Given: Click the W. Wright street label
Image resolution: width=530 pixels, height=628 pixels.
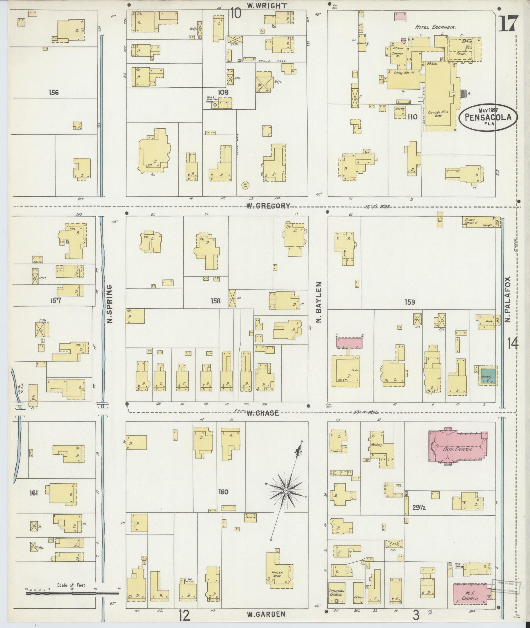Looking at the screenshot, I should [267, 6].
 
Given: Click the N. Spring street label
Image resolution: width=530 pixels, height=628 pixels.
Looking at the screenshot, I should [110, 304].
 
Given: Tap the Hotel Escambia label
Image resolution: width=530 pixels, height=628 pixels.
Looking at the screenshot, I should [435, 28].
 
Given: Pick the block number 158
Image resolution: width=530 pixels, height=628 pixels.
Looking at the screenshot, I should [216, 300].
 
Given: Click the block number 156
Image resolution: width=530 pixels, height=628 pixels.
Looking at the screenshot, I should [53, 93].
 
